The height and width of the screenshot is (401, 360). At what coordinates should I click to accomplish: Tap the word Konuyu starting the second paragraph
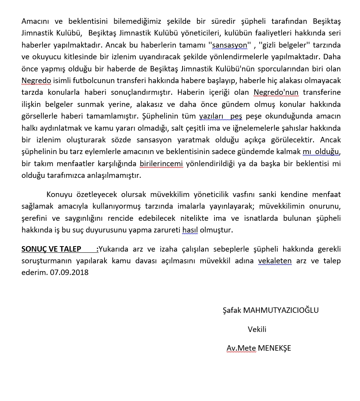click(x=59, y=194)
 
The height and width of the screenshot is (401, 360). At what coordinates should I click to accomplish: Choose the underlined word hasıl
click(x=190, y=230)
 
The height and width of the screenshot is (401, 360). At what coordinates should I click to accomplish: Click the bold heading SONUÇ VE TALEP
click(x=51, y=249)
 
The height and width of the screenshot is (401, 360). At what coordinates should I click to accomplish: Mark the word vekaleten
click(x=275, y=261)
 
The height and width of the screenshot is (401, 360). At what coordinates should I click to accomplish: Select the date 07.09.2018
click(x=69, y=272)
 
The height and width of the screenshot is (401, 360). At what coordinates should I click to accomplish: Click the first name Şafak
click(x=231, y=310)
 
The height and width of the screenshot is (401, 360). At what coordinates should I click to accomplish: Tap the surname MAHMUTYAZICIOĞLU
click(x=281, y=310)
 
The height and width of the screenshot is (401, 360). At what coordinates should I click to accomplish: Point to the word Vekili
click(x=257, y=329)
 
